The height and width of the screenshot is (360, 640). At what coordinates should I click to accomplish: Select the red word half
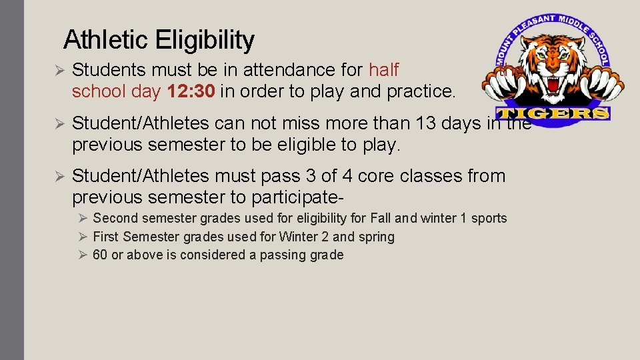pyautogui.click(x=383, y=69)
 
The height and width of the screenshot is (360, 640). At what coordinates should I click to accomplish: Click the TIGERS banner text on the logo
pyautogui.click(x=553, y=113)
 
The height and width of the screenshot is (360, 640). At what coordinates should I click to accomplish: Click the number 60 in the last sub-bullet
pyautogui.click(x=100, y=255)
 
